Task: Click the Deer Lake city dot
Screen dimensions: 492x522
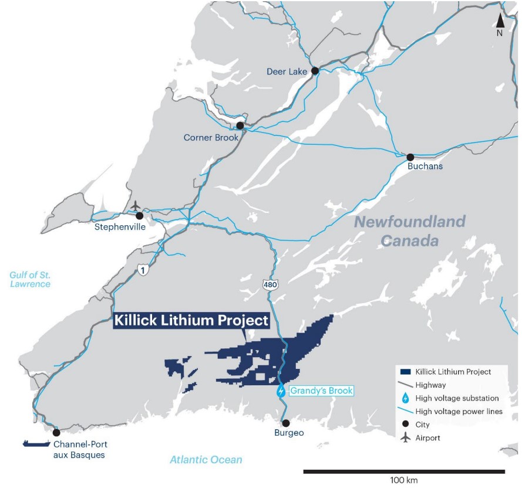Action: [315, 71]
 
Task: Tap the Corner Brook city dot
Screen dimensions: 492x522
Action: [240, 125]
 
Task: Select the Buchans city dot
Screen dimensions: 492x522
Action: [410, 157]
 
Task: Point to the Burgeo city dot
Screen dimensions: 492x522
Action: [285, 423]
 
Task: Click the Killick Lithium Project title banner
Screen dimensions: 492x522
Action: [191, 321]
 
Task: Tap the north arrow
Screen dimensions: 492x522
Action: [500, 22]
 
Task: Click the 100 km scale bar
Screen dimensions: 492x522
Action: [404, 471]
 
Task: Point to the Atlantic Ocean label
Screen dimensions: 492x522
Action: [206, 460]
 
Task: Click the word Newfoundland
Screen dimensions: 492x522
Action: [410, 222]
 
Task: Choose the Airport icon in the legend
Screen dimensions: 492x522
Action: [405, 437]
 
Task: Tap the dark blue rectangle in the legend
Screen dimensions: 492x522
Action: [405, 372]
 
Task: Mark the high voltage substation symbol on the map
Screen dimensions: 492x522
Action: [281, 391]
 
